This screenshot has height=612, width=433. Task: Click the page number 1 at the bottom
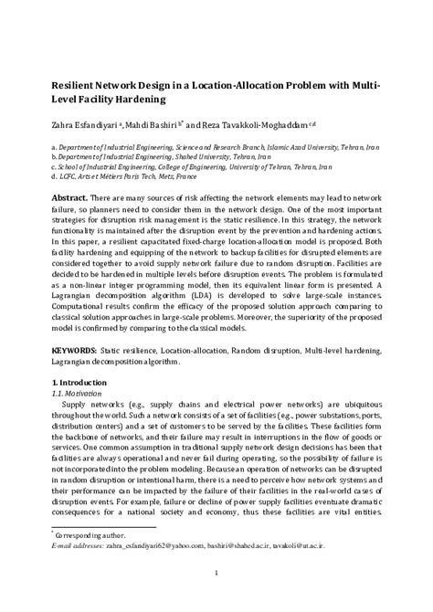click(x=216, y=574)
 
